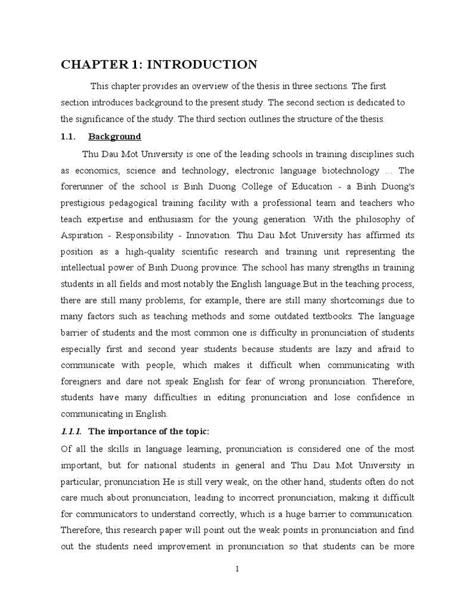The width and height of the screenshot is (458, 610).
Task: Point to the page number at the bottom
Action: (x=237, y=569)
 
